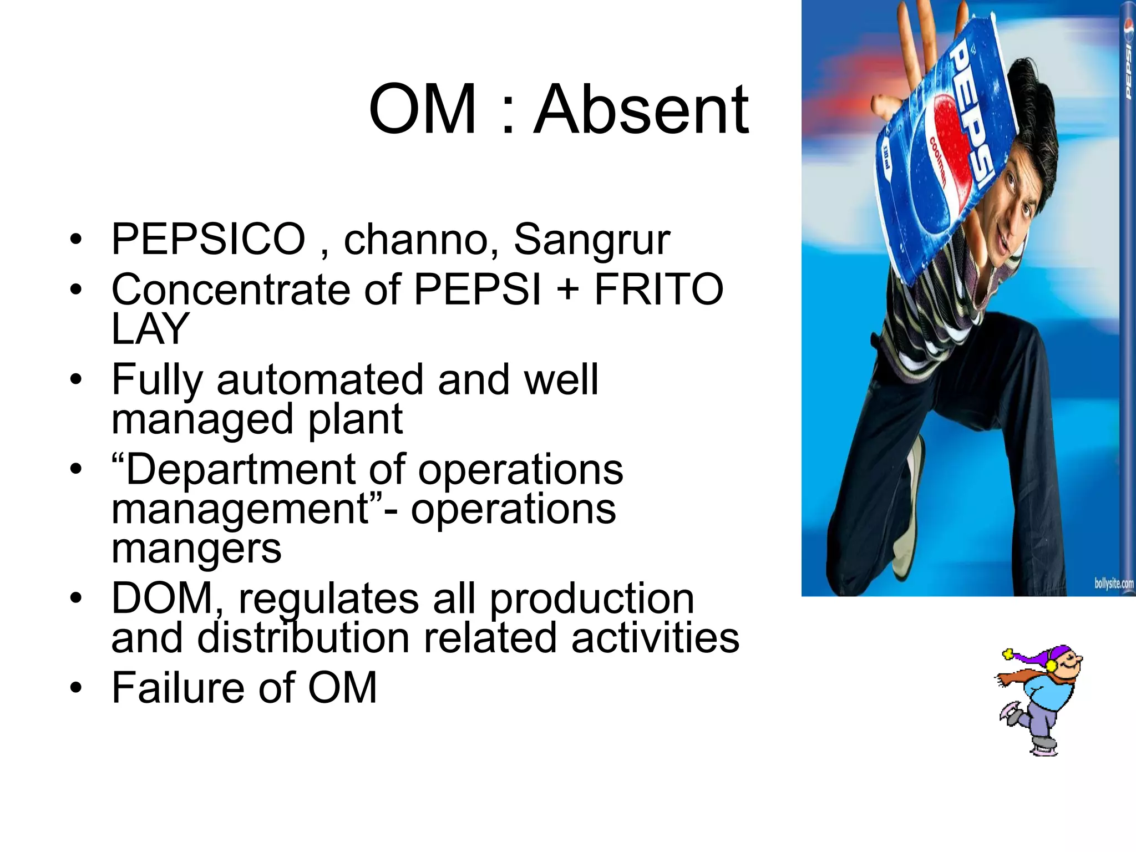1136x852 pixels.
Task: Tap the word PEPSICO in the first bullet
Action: (x=208, y=240)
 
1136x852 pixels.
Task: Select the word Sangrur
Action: (x=592, y=240)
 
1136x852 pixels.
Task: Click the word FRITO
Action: (x=659, y=290)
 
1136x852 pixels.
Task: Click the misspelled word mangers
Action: (x=196, y=549)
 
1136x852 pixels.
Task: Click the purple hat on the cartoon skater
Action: (x=1043, y=657)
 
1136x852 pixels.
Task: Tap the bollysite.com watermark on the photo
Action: (x=1113, y=584)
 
